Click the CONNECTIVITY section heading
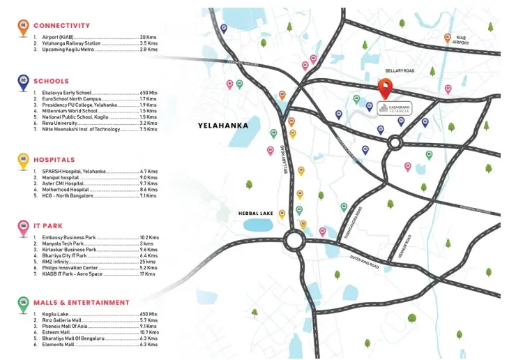pos(61,26)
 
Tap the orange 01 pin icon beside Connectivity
pos(24,27)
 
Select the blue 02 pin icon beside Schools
pos(24,82)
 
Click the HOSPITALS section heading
pos(54,160)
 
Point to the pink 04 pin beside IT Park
pos(24,226)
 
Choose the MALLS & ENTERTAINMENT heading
pos(82,303)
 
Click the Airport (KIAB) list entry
pos(59,36)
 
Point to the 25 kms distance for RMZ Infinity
pos(147,262)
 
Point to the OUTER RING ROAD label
pos(364,262)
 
